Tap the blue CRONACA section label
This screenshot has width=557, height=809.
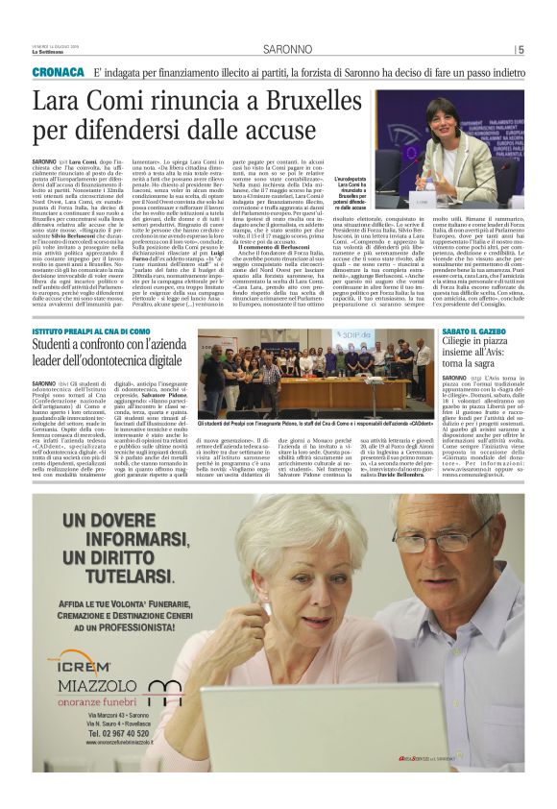pos(58,73)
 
